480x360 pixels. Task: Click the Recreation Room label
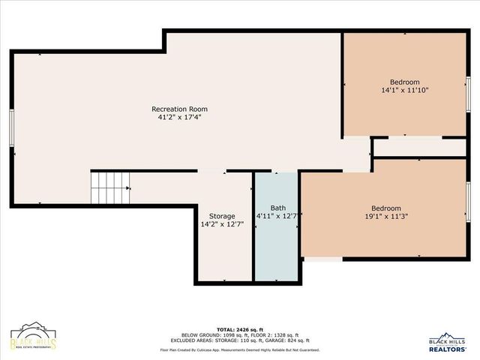[x=179, y=109]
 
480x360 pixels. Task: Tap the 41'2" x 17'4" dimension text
[x=179, y=117]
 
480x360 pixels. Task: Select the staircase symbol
[x=109, y=187]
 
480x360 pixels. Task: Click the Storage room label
[x=222, y=216]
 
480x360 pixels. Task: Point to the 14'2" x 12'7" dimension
[x=222, y=224]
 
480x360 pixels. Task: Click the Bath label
[x=277, y=208]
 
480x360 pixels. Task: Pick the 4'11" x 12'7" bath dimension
[x=277, y=217]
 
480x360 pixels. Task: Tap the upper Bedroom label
[x=404, y=82]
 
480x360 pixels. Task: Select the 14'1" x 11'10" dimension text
[x=404, y=90]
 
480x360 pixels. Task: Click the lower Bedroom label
[x=386, y=208]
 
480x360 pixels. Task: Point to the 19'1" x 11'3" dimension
[x=386, y=217]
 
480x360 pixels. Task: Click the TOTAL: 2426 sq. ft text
[x=240, y=329]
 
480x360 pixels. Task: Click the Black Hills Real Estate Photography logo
[x=33, y=340]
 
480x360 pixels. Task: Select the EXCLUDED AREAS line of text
[x=240, y=340]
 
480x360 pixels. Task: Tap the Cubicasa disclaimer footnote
[x=240, y=349]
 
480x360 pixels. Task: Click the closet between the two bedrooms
[x=419, y=148]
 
